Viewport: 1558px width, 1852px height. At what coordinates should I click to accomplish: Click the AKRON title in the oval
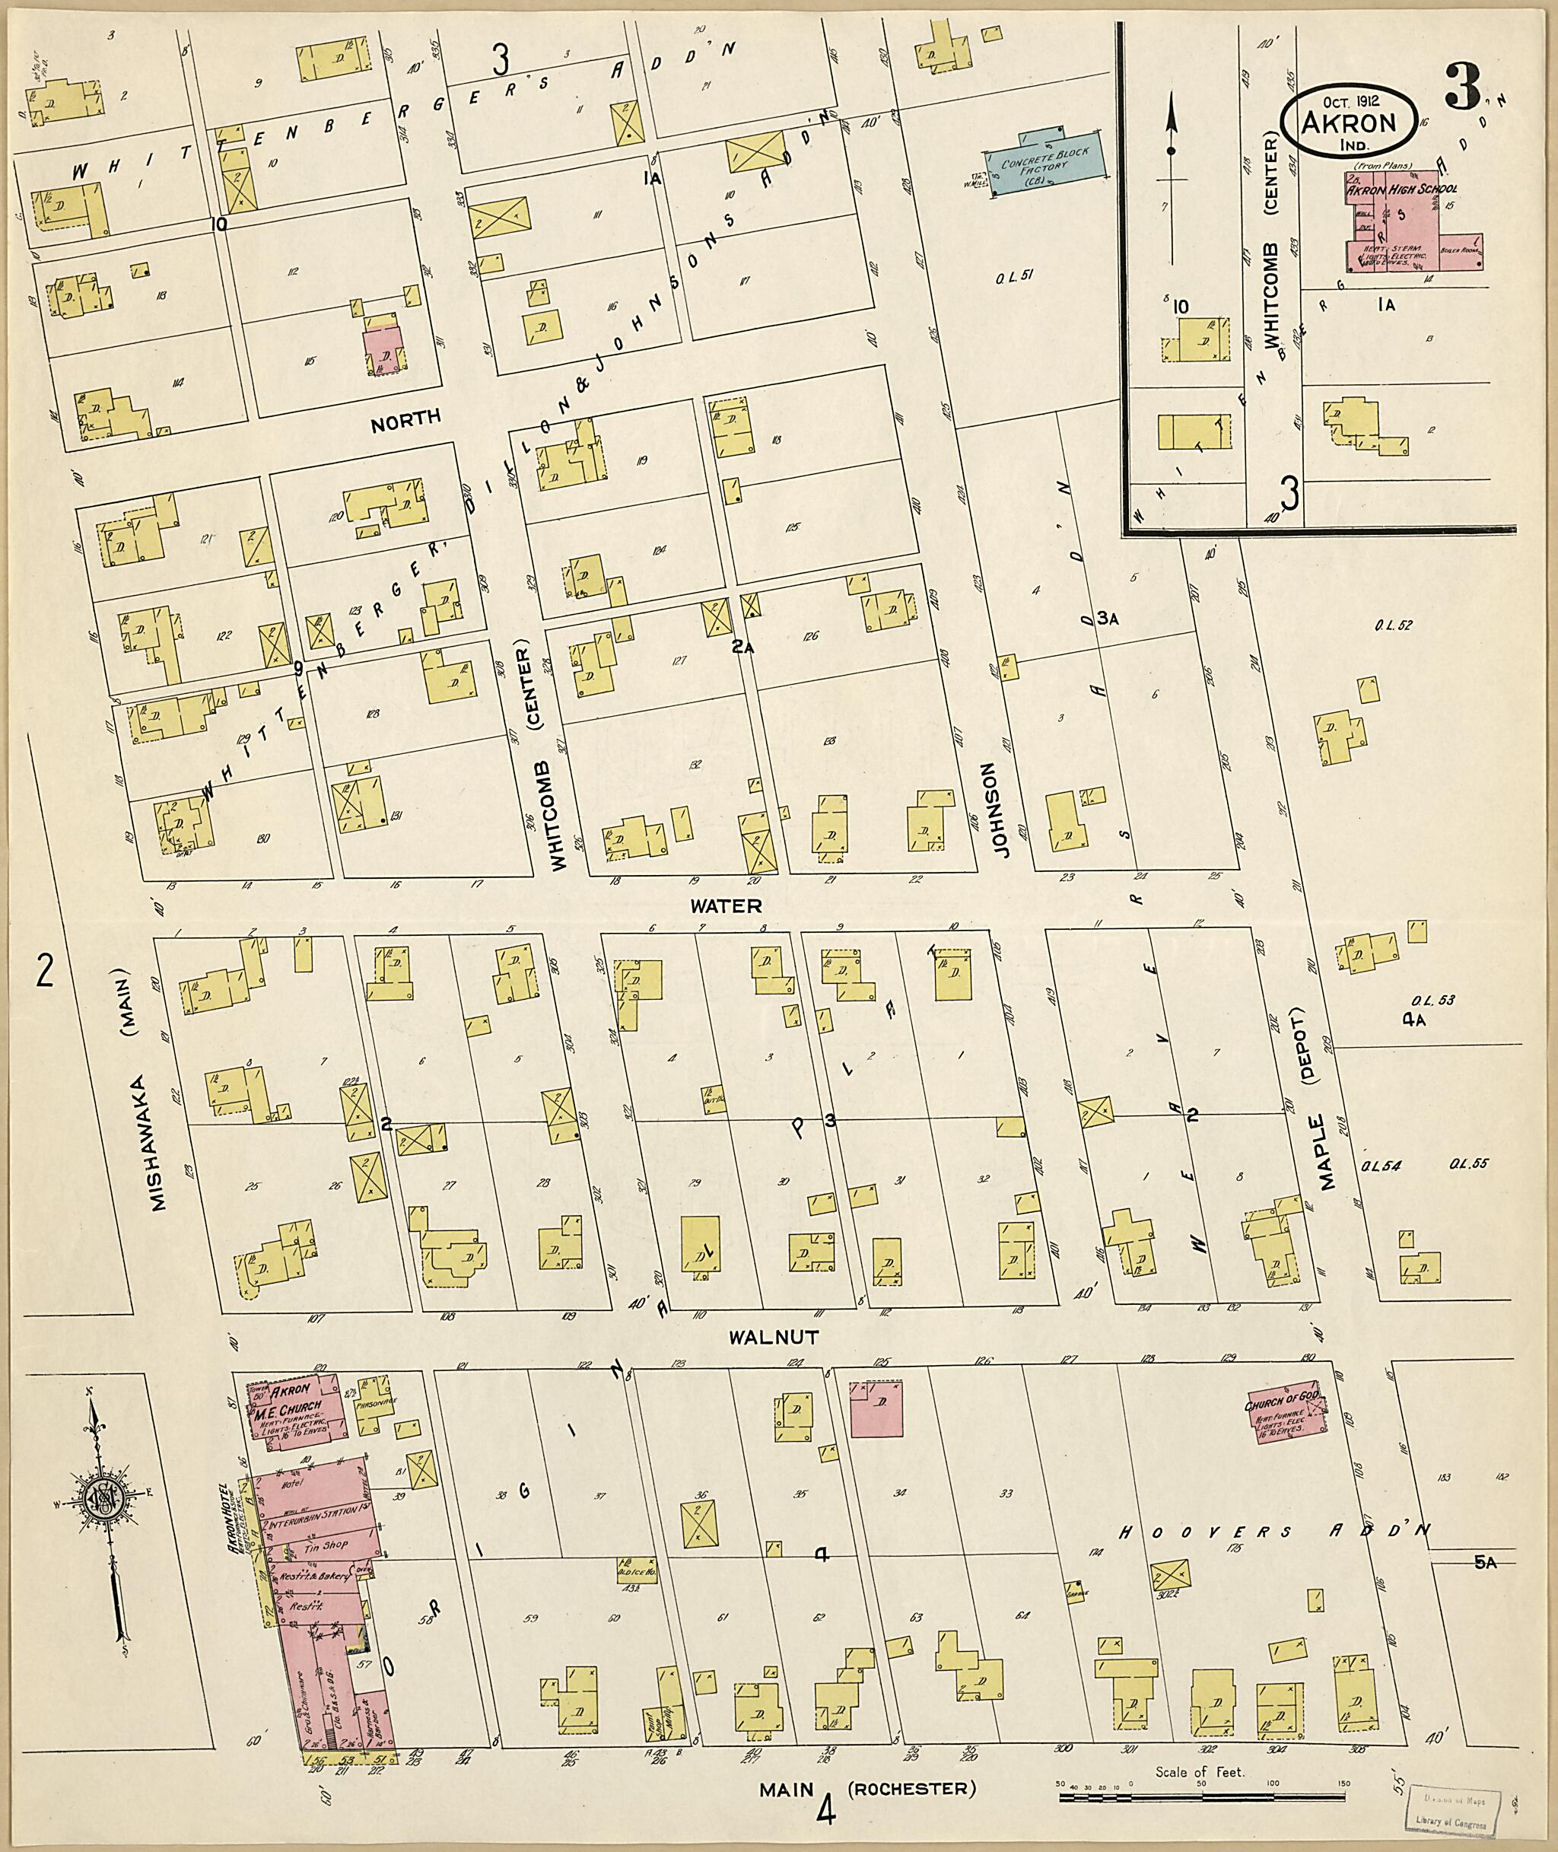click(x=1350, y=123)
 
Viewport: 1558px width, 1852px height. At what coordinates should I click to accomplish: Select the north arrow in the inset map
click(x=1172, y=177)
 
